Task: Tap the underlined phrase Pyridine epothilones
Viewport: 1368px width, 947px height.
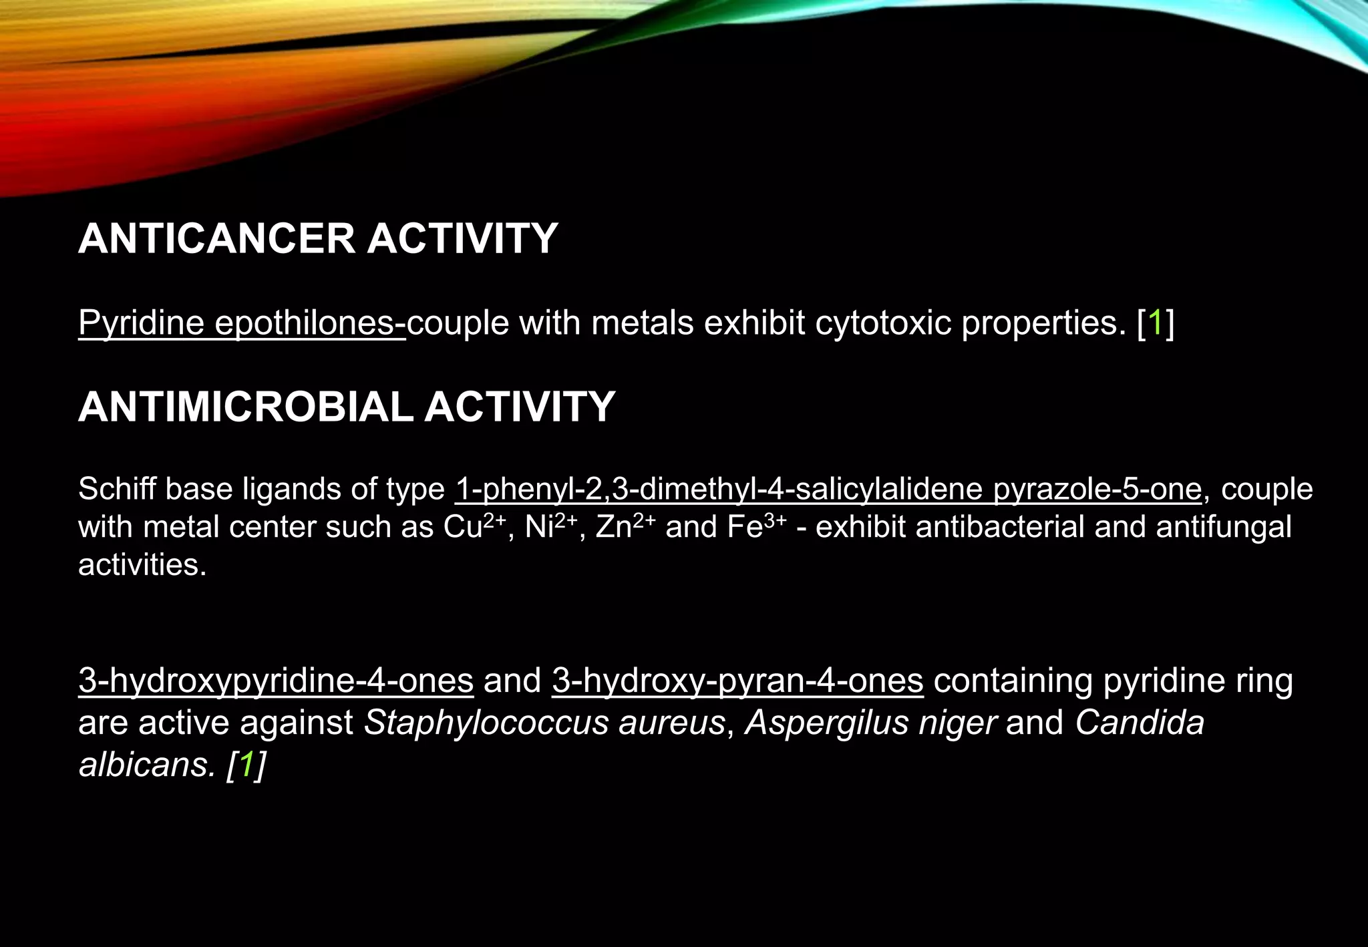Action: (241, 323)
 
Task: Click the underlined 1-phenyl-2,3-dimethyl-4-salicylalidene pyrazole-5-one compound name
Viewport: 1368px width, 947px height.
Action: (828, 489)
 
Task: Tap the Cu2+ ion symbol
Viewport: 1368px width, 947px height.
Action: (474, 526)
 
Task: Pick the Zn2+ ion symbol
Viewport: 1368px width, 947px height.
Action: (625, 526)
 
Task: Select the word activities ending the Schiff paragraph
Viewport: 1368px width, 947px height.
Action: (142, 565)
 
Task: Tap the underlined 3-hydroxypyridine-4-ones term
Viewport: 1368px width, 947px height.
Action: (276, 681)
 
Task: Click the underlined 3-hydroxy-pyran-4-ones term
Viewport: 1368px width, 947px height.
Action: (737, 681)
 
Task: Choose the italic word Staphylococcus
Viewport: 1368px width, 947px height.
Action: (485, 723)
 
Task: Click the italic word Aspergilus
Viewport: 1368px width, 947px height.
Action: (826, 723)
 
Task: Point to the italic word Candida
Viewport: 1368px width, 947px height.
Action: (1140, 723)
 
